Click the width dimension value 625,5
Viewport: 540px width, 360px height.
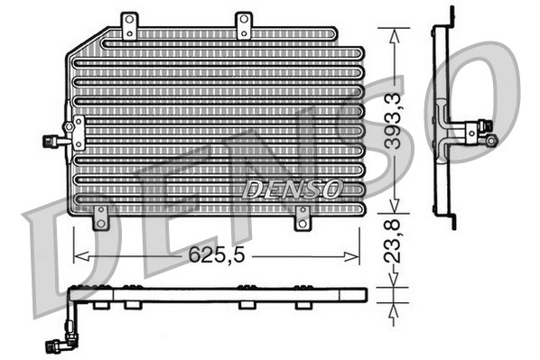tap(217, 255)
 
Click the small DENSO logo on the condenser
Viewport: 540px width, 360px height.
tap(292, 189)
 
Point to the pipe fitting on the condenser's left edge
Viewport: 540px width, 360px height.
tap(60, 139)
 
